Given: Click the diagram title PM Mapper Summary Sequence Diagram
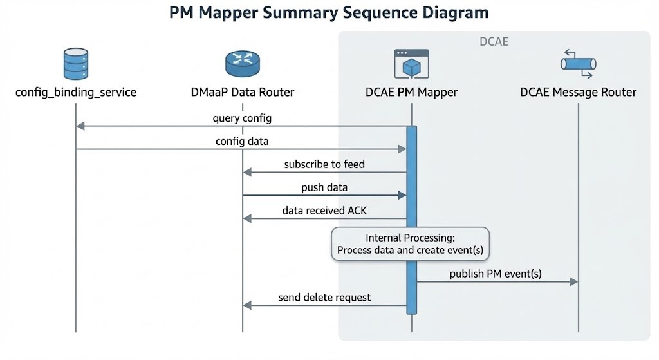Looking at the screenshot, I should click(x=329, y=13).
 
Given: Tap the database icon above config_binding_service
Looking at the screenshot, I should click(x=76, y=62).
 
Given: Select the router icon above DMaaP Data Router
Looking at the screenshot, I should click(x=243, y=63).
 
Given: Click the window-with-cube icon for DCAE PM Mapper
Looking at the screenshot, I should click(x=411, y=64).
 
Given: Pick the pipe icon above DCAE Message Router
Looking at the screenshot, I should click(x=578, y=62).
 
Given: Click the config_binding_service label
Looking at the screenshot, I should click(x=76, y=92).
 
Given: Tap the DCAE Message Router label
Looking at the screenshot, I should click(x=578, y=92).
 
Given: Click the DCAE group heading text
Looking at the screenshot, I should click(x=494, y=42).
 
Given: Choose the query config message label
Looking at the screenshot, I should click(x=242, y=118).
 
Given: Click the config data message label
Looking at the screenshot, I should click(x=242, y=141).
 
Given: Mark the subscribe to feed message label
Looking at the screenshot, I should click(x=324, y=164).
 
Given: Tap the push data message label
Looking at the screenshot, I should click(x=324, y=187).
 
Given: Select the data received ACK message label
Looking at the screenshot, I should click(x=324, y=211).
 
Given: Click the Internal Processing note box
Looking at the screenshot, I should click(x=411, y=244).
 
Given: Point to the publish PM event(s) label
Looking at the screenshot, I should click(x=496, y=274).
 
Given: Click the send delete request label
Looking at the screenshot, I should click(x=324, y=298).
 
